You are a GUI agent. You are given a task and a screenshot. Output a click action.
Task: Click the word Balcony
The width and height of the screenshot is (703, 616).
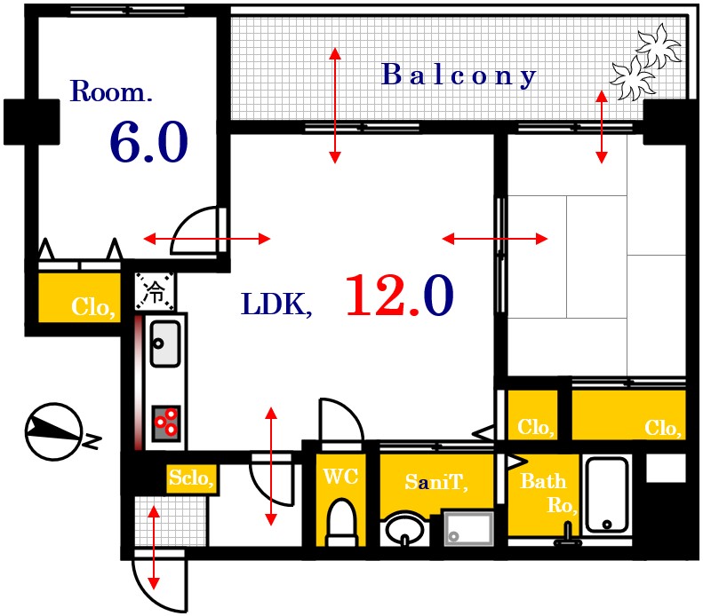tap(459, 75)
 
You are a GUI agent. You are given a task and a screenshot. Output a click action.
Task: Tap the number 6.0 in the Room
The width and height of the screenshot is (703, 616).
tap(148, 142)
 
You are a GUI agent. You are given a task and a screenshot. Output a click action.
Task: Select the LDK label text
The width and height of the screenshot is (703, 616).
tap(276, 304)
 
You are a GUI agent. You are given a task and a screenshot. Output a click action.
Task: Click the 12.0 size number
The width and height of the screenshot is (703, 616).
tap(399, 296)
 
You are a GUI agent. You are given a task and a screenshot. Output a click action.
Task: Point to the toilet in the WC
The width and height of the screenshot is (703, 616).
tap(341, 523)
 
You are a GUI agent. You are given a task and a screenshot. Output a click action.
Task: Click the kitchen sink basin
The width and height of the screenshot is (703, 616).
tap(165, 344)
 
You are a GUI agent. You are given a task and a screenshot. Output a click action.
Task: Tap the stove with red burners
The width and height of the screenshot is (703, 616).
tap(166, 423)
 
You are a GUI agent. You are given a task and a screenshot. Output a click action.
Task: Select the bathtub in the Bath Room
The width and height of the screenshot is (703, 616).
tap(607, 494)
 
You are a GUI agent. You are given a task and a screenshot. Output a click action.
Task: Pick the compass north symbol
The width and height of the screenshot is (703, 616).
tap(55, 432)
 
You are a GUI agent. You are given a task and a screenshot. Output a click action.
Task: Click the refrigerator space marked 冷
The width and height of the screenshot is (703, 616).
tap(155, 291)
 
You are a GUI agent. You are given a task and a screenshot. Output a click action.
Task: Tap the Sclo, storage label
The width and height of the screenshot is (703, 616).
tap(191, 478)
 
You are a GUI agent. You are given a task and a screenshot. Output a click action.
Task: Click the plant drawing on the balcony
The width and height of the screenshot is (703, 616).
tap(645, 63)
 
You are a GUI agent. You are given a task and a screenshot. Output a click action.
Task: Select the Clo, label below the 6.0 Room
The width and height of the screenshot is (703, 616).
tap(92, 307)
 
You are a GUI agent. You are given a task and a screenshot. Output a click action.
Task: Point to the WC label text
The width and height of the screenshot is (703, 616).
tap(340, 477)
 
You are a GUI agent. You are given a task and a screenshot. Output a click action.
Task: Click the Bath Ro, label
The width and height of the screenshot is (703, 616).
tap(547, 493)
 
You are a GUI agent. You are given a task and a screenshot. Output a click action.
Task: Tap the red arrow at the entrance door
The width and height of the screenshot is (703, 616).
tap(154, 547)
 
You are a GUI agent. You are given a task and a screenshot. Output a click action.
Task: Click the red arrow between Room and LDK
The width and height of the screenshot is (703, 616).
tap(207, 239)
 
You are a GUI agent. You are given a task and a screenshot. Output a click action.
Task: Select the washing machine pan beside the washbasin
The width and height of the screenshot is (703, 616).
tap(468, 529)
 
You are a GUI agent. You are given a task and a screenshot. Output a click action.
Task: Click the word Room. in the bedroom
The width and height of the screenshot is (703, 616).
tap(111, 91)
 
